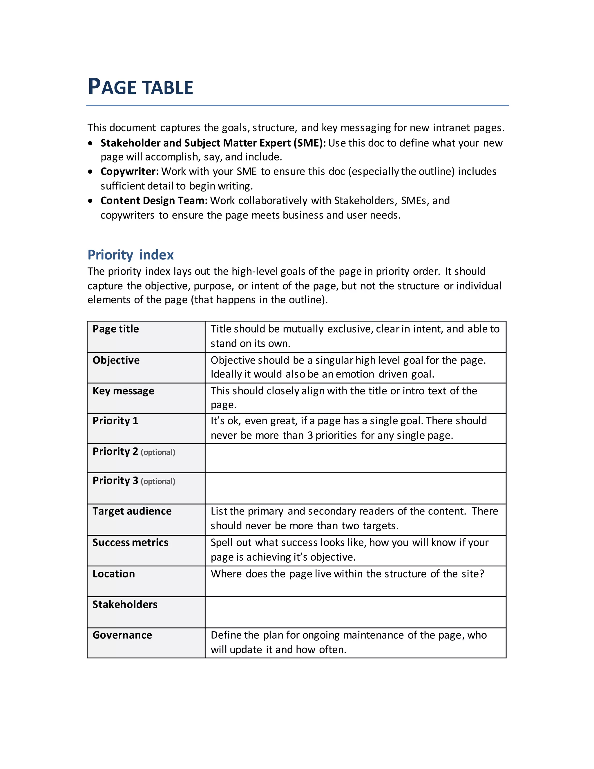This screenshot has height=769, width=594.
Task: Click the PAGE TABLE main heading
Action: pyautogui.click(x=140, y=87)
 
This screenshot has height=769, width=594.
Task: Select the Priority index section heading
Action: pyautogui.click(x=131, y=254)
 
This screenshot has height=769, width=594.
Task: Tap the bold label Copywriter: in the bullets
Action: pyautogui.click(x=129, y=172)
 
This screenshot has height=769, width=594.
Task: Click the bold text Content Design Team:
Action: pyautogui.click(x=154, y=200)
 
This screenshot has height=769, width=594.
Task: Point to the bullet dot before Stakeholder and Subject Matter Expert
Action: pyautogui.click(x=91, y=143)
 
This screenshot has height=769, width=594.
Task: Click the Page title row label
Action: pyautogui.click(x=115, y=329)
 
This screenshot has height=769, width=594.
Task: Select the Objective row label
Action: pyautogui.click(x=116, y=360)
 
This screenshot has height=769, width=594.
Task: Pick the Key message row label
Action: pyautogui.click(x=123, y=391)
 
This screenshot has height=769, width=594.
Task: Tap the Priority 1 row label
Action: pyautogui.click(x=115, y=421)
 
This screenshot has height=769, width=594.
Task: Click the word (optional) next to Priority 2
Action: pyautogui.click(x=158, y=452)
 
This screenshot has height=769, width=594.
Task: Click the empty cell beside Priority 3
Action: pyautogui.click(x=355, y=488)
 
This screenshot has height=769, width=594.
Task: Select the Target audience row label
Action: pyautogui.click(x=132, y=511)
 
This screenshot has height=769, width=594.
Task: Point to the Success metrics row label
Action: pyautogui.click(x=130, y=543)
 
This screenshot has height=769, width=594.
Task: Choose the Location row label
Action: pyautogui.click(x=114, y=574)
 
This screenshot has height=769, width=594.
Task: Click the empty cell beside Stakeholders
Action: pyautogui.click(x=355, y=612)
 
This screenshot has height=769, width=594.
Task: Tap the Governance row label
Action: pyautogui.click(x=122, y=635)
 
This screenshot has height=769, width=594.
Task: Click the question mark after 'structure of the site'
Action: pyautogui.click(x=481, y=574)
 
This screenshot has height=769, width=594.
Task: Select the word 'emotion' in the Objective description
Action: pyautogui.click(x=355, y=374)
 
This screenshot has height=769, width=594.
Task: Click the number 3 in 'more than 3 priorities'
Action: pyautogui.click(x=310, y=436)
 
